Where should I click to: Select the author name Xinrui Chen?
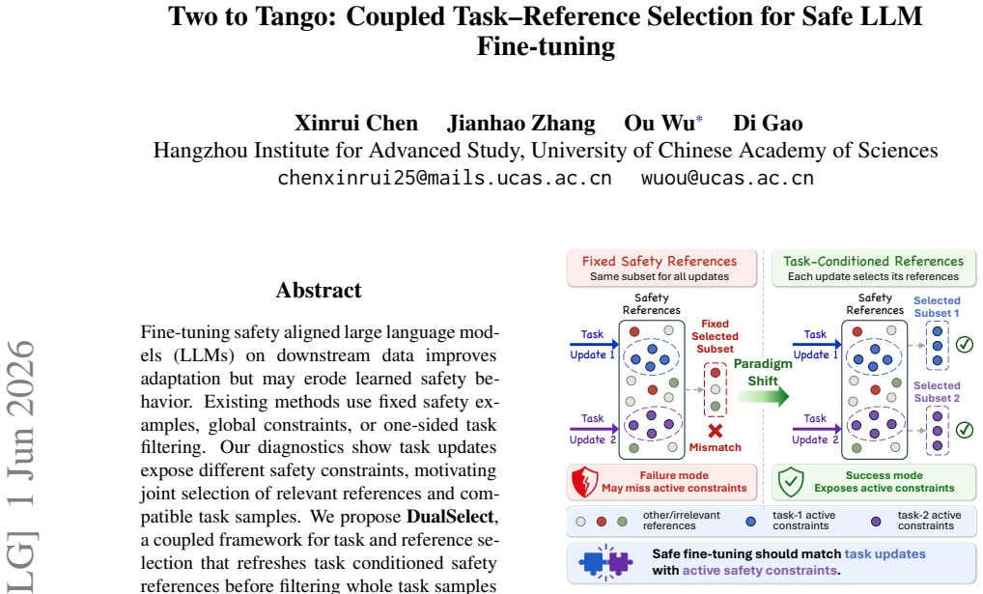click(356, 123)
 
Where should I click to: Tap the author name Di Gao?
click(768, 123)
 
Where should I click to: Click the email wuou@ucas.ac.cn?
click(727, 178)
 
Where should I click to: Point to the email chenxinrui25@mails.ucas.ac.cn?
click(444, 178)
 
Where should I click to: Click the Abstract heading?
click(319, 290)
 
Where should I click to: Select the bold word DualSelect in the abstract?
click(450, 517)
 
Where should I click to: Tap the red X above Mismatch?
click(716, 431)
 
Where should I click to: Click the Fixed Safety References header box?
click(662, 268)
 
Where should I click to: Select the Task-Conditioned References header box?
click(874, 268)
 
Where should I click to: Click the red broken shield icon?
click(585, 482)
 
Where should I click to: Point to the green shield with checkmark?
click(791, 482)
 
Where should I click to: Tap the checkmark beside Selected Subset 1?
click(965, 345)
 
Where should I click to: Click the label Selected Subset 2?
click(937, 391)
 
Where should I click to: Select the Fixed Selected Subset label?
click(716, 336)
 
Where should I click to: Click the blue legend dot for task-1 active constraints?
click(750, 522)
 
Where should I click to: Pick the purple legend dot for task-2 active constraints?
click(876, 522)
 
